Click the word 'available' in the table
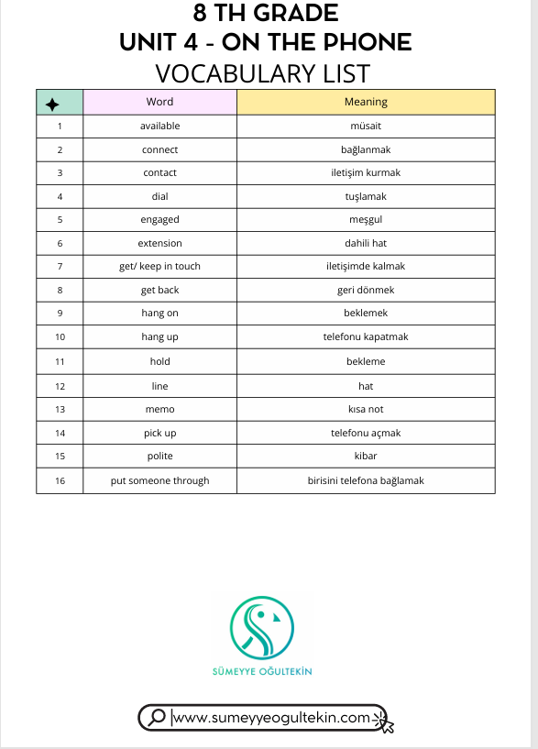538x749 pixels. (x=159, y=126)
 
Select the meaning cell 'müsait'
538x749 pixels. (x=366, y=126)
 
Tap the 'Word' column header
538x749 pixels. (x=159, y=102)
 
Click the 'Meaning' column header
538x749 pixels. (x=366, y=102)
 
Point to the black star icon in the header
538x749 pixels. (x=52, y=103)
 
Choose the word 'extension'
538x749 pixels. (x=159, y=243)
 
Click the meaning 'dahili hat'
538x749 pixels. (x=366, y=243)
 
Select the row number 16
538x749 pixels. (x=60, y=480)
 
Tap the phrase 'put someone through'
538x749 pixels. (x=159, y=480)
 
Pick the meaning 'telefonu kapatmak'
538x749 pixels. (x=366, y=336)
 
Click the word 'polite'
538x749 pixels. (x=159, y=456)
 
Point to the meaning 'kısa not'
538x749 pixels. (x=366, y=409)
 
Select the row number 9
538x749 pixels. (x=60, y=313)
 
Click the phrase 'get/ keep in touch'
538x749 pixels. (x=159, y=266)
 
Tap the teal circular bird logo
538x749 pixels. (x=262, y=627)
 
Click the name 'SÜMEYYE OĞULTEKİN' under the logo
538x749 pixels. (x=262, y=672)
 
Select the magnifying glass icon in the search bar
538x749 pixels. (x=157, y=717)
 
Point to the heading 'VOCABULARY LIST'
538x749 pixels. (x=262, y=72)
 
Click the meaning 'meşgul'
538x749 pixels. (x=366, y=219)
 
